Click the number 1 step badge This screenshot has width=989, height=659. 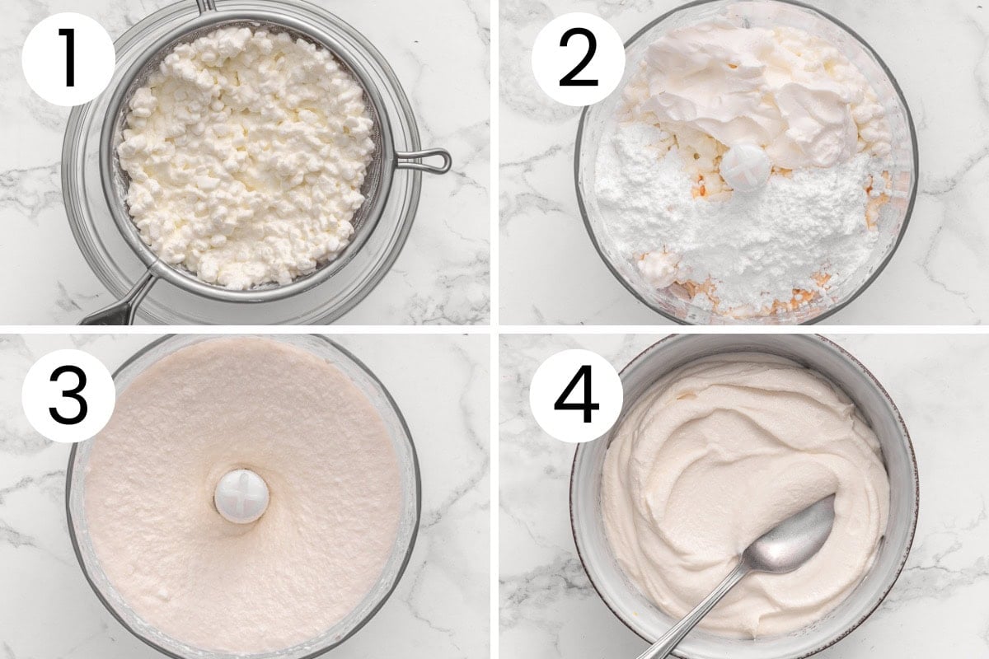[x=68, y=59]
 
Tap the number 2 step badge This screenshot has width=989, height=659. [x=577, y=59]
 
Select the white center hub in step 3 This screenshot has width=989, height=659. [x=241, y=496]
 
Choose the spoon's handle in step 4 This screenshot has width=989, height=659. [x=692, y=622]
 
